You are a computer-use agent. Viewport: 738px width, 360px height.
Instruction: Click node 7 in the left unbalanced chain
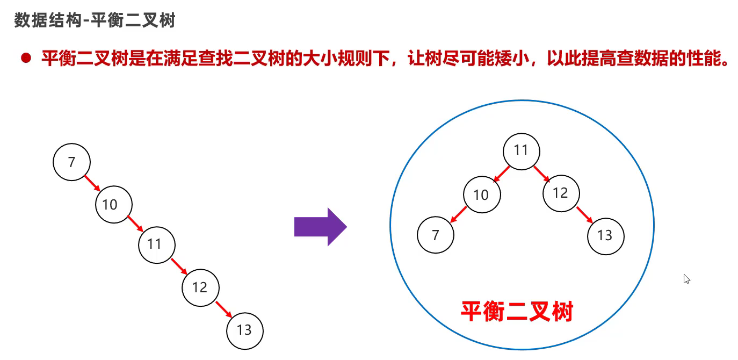(72, 162)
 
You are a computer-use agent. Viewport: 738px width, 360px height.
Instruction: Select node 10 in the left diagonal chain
(114, 204)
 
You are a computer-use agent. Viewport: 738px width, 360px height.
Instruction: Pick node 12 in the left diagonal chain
(200, 287)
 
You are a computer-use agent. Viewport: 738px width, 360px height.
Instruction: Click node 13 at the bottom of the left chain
(245, 329)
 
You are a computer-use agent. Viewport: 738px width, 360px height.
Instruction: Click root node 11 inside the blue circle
(521, 151)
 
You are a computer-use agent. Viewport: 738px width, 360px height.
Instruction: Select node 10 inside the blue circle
(481, 194)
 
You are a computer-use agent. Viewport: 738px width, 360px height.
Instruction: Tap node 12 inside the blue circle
(561, 193)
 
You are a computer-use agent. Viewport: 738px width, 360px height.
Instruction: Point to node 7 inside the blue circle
(436, 235)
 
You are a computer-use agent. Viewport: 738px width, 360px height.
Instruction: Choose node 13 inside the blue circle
(606, 235)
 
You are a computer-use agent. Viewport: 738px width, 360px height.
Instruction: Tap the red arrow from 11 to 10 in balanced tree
(502, 174)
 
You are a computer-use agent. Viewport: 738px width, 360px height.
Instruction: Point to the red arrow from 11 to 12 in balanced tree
(541, 174)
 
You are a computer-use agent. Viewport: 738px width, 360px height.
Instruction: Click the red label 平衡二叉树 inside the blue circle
(517, 311)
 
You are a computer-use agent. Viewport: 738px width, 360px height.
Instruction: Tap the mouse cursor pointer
(686, 279)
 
